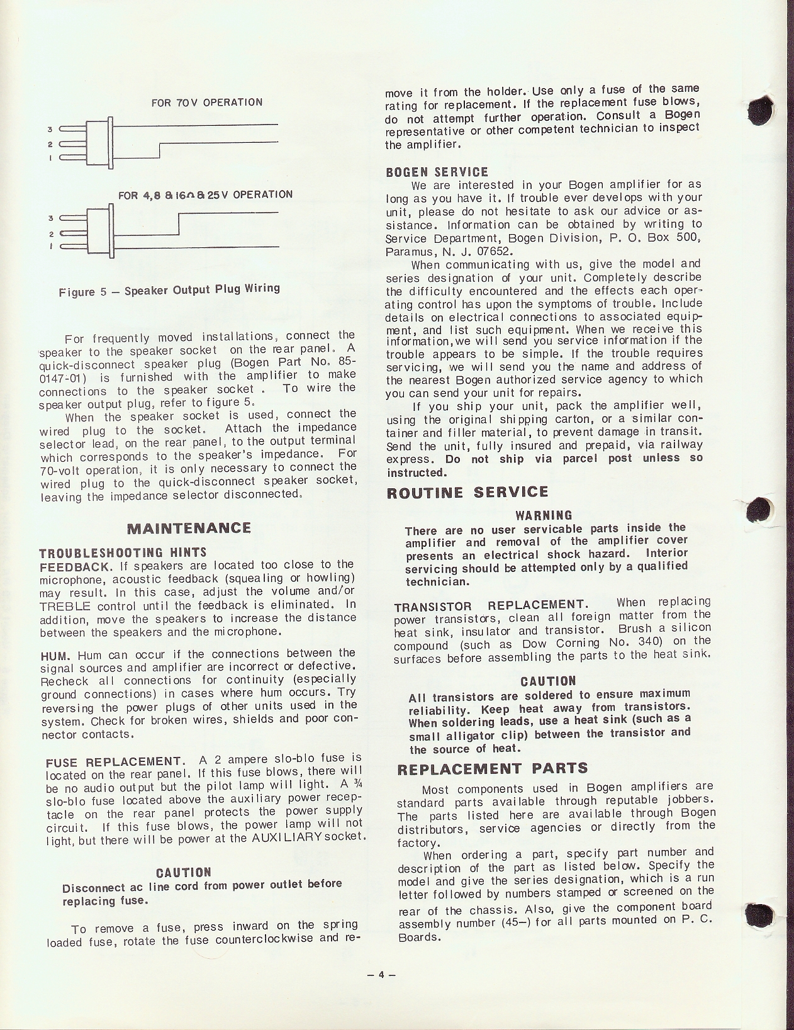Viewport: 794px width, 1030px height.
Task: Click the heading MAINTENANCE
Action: click(189, 528)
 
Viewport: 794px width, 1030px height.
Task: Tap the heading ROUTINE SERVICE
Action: click(467, 492)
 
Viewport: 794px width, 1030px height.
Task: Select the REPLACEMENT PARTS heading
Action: click(493, 768)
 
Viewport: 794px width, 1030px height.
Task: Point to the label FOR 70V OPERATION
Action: click(207, 102)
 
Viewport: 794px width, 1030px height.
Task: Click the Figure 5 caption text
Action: click(169, 291)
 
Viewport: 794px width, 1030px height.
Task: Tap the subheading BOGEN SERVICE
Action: click(436, 172)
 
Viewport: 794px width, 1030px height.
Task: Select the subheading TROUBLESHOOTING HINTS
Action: click(123, 552)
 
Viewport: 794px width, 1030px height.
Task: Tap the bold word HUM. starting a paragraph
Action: click(52, 654)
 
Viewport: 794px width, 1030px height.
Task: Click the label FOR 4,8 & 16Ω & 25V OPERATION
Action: click(205, 194)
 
